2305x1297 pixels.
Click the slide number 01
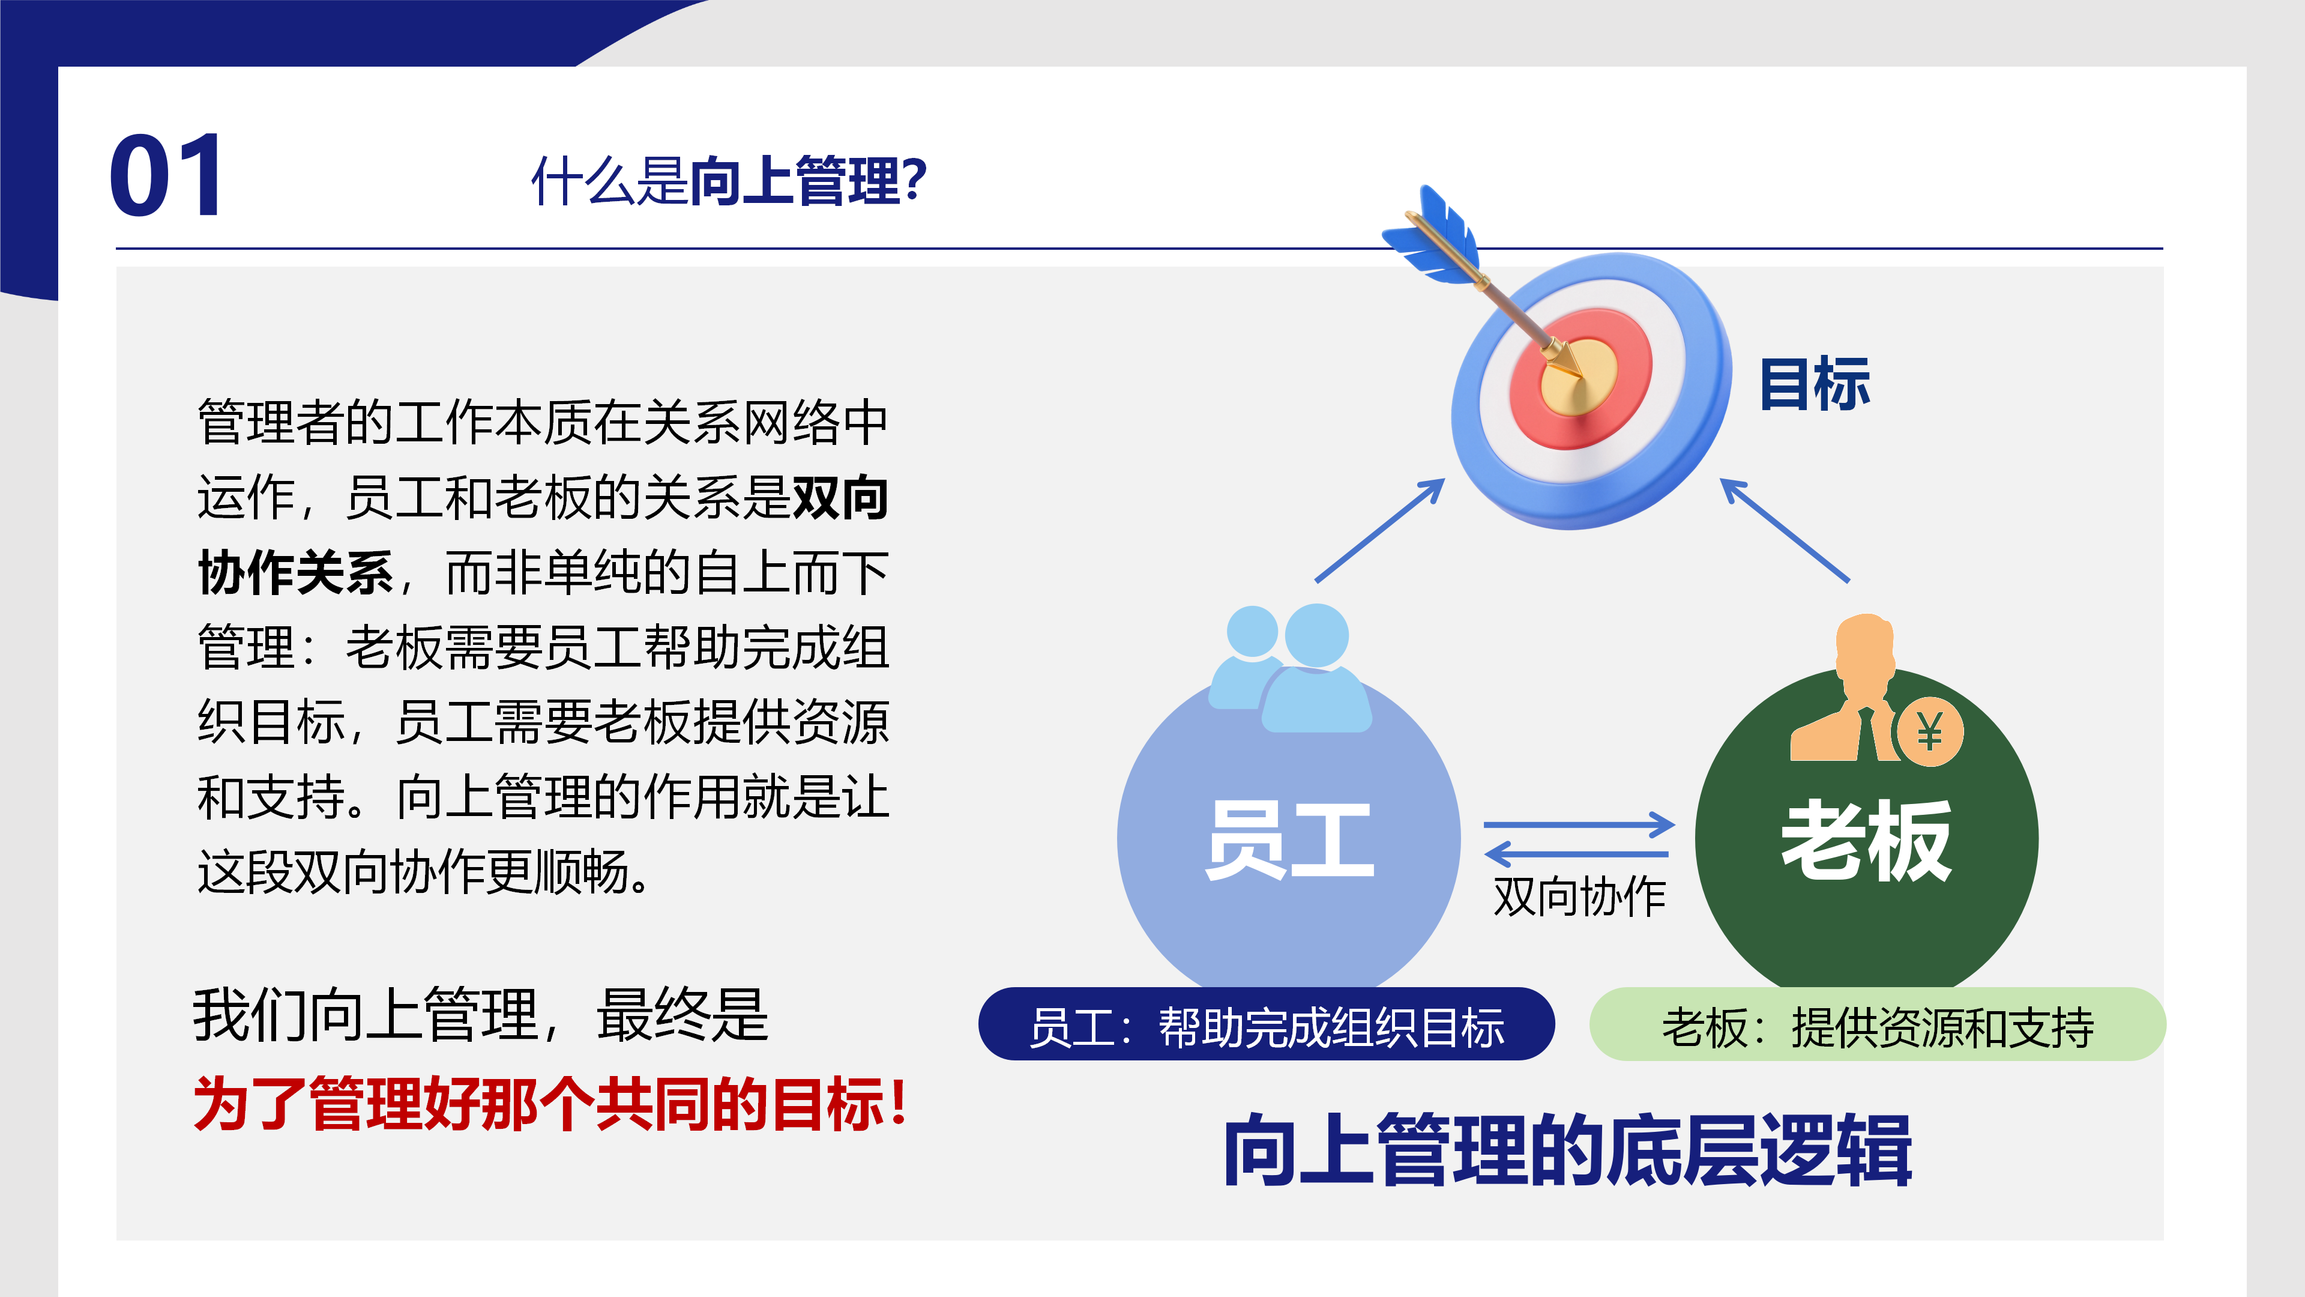pos(166,175)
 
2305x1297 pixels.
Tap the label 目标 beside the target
pos(1815,384)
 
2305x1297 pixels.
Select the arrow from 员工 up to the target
pos(1379,530)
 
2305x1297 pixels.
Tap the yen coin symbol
pos(1930,732)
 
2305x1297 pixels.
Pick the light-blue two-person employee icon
pos(1289,668)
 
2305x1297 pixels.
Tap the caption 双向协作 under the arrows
pos(1579,896)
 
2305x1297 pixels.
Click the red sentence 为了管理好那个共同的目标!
pos(551,1104)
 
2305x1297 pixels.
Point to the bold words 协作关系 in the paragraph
pos(295,573)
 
